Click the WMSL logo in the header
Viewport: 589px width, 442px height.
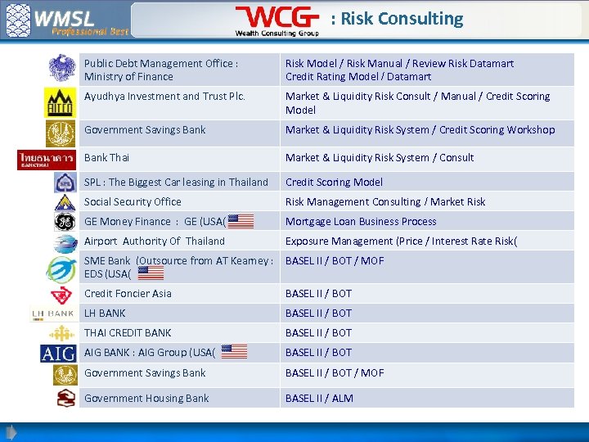[x=65, y=20]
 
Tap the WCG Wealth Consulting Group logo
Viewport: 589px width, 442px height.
[x=277, y=20]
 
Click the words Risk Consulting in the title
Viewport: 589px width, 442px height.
[x=402, y=19]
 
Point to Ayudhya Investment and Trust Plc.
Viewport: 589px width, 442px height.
[x=164, y=96]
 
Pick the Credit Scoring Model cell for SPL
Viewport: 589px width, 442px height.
[x=334, y=182]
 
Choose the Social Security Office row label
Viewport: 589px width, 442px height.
[x=133, y=201]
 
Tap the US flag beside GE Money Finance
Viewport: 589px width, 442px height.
[x=241, y=221]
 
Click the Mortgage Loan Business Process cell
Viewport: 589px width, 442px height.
[x=361, y=221]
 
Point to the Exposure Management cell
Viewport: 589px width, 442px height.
[x=401, y=241]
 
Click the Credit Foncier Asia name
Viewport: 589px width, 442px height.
[x=128, y=293]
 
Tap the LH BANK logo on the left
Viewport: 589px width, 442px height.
[x=52, y=313]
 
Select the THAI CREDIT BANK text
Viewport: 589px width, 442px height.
[x=128, y=332]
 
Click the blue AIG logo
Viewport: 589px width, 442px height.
[x=58, y=353]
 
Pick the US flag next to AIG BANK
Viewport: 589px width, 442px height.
[x=234, y=352]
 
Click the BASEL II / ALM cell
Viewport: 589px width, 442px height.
[x=319, y=398]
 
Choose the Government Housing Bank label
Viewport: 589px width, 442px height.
[x=146, y=398]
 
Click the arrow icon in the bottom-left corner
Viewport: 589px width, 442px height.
[x=11, y=432]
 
